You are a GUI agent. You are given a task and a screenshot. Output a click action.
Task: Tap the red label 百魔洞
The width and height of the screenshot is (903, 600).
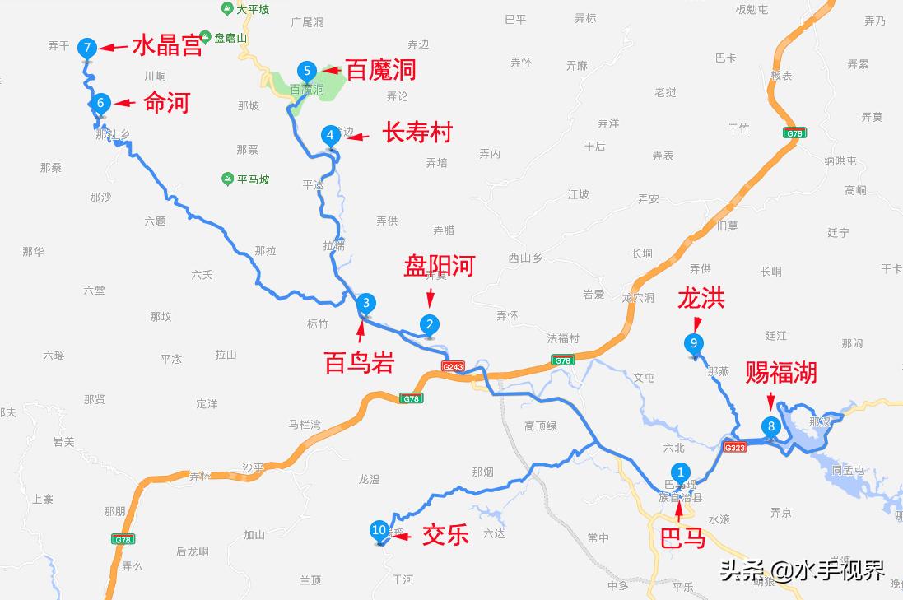click(379, 70)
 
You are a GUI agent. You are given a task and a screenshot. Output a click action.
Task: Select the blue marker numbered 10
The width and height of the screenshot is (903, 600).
click(379, 531)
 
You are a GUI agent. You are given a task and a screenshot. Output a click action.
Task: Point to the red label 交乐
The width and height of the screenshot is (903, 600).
click(445, 534)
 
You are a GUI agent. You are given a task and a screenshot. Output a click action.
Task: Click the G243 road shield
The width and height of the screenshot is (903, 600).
click(453, 365)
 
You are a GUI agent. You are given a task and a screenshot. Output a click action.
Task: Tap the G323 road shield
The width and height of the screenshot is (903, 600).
click(734, 447)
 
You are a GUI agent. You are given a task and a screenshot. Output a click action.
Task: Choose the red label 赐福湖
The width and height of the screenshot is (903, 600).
click(780, 373)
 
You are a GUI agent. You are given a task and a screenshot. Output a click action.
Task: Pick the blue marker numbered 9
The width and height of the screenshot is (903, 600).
click(694, 343)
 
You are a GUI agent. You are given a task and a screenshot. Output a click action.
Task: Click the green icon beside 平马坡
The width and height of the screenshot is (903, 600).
click(227, 179)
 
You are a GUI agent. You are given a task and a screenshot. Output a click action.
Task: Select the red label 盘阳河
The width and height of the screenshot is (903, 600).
click(439, 266)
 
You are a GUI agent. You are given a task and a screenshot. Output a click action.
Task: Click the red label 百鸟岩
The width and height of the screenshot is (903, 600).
click(359, 362)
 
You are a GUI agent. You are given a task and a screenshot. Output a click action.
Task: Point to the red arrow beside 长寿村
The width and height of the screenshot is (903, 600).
click(357, 136)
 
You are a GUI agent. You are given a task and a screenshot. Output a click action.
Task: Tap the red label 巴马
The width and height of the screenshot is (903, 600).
click(682, 538)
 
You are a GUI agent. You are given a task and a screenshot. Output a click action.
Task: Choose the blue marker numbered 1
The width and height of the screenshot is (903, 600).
click(681, 472)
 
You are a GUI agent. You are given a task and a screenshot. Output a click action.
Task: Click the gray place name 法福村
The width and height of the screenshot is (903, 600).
click(563, 338)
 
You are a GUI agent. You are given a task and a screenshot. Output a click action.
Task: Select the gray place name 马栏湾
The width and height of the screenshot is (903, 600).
click(305, 425)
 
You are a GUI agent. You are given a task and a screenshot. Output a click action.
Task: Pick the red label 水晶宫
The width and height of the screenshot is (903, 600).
click(167, 46)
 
